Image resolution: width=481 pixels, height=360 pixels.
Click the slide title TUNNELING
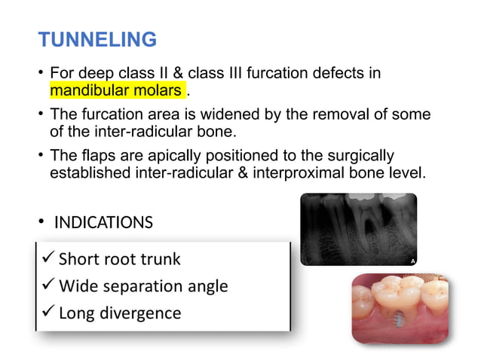click(x=97, y=39)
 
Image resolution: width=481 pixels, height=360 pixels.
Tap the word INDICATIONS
click(x=103, y=223)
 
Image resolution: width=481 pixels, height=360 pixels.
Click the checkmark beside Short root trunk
click(x=47, y=259)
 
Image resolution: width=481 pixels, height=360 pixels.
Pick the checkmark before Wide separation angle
click(x=47, y=285)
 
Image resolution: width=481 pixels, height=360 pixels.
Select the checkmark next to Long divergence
click(x=47, y=312)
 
